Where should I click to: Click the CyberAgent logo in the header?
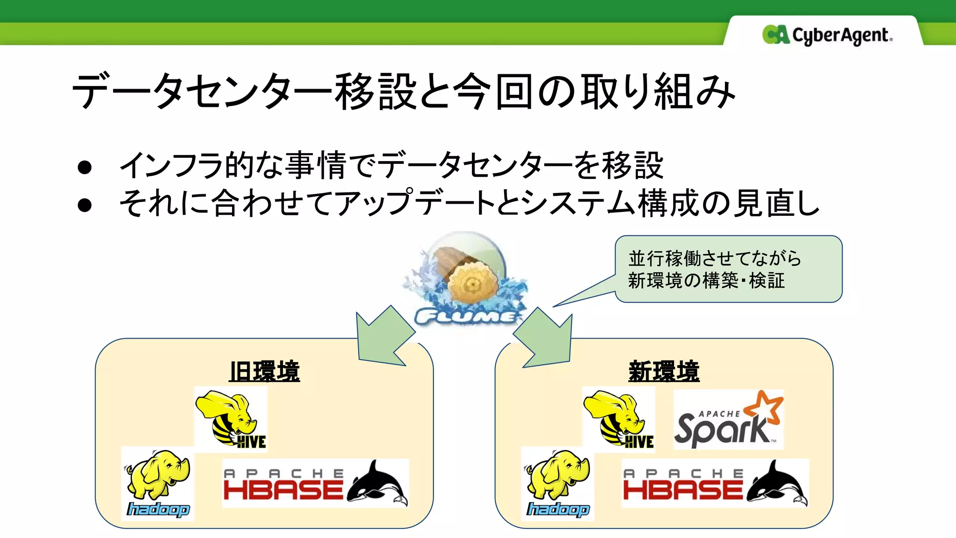point(827,35)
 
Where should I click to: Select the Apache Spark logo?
point(728,420)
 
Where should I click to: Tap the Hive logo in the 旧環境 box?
point(231,419)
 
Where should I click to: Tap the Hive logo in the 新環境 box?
point(619,419)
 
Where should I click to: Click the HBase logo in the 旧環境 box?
point(315,483)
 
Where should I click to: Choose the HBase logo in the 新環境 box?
point(715,483)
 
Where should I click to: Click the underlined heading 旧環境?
point(264,372)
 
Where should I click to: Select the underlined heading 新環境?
point(664,372)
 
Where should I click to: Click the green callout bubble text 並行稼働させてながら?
point(714,258)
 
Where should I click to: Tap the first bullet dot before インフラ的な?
point(84,167)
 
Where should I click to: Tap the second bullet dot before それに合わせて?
point(84,205)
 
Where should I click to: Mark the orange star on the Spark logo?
point(764,405)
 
